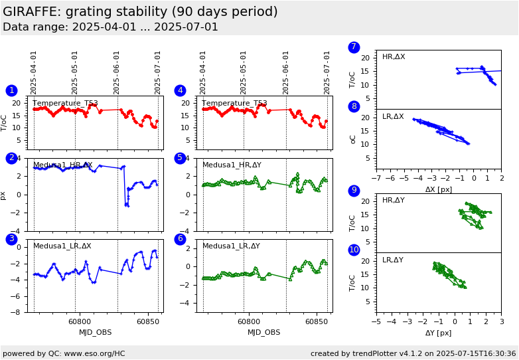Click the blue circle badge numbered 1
pos(11,90)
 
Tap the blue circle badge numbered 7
pos(354,47)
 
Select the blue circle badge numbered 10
pos(354,250)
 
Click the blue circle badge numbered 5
pos(180,158)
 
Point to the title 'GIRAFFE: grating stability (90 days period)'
pos(140,12)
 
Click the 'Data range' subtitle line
pos(110,27)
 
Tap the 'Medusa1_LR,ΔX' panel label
pos(62,246)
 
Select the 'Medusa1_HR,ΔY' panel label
pos(232,165)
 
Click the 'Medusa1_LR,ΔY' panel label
pos(231,246)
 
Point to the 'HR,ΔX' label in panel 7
pos(393,57)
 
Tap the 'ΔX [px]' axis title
pos(438,189)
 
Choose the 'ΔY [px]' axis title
pos(438,333)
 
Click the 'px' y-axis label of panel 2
pos(4,195)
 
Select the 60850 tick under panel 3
pos(147,322)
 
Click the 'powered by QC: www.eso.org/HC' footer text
pos(64,353)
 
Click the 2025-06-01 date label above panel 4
pos(286,73)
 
